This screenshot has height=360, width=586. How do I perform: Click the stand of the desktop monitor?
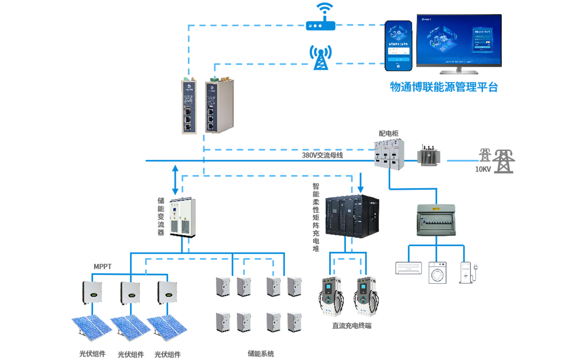click(458, 71)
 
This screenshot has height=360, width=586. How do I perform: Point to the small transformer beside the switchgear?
click(427, 157)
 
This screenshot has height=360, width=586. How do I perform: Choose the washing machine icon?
click(438, 273)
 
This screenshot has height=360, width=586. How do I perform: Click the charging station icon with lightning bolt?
click(468, 273)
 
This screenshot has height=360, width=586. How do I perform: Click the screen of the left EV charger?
click(328, 288)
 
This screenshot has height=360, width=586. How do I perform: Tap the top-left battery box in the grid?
click(224, 287)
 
